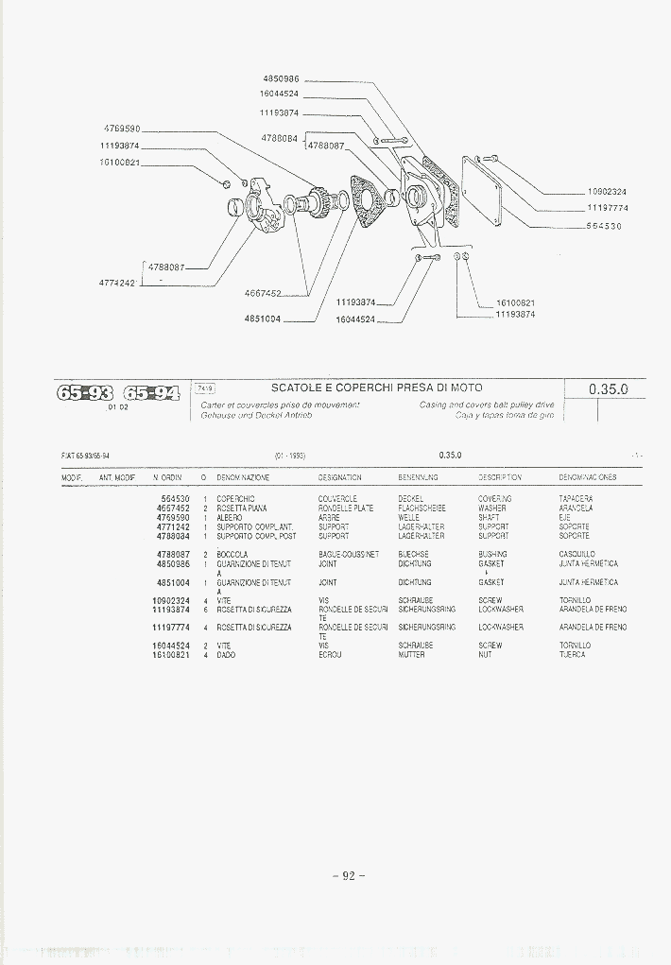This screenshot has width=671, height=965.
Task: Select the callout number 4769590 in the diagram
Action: click(x=122, y=129)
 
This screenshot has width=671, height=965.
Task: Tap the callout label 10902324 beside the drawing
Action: click(x=607, y=192)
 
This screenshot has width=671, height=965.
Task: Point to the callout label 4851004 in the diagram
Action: click(x=263, y=319)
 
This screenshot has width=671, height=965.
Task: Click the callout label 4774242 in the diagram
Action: click(x=117, y=282)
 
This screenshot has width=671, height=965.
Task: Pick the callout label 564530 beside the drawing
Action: click(x=604, y=226)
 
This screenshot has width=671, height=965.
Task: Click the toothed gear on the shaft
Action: click(x=319, y=199)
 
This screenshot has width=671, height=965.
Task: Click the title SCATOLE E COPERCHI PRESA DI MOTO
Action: click(x=376, y=388)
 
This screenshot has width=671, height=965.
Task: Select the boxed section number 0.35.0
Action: click(x=608, y=389)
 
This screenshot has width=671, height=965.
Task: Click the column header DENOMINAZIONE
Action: click(x=243, y=478)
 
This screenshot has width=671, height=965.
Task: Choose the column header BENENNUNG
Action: click(x=418, y=478)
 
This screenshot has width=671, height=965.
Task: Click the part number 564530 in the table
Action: click(x=175, y=498)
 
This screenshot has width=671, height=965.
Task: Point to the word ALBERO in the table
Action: click(x=230, y=518)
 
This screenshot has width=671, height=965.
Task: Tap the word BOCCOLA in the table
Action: click(x=232, y=554)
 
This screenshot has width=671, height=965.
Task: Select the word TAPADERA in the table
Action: click(x=576, y=498)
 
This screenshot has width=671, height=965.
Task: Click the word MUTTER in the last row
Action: click(x=411, y=655)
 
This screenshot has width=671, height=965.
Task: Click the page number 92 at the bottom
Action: click(x=348, y=875)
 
